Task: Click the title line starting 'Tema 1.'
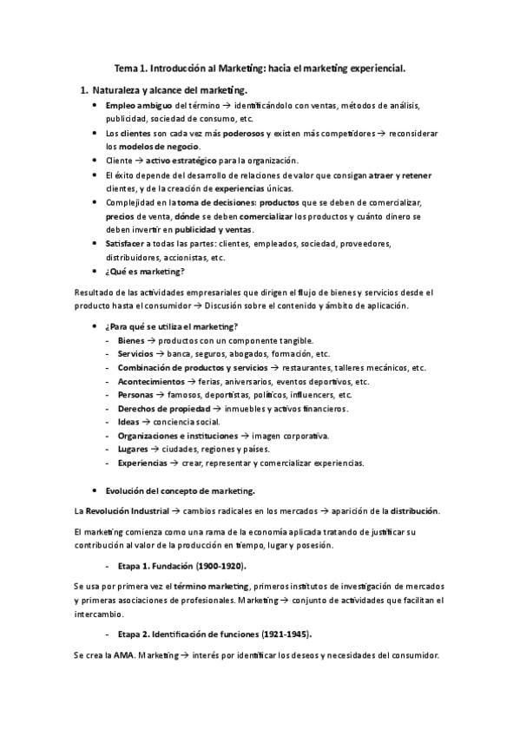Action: point(260,66)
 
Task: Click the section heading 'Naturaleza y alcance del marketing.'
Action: point(169,90)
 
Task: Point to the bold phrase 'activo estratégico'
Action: point(180,161)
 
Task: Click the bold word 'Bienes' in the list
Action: point(131,340)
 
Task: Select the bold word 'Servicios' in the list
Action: point(135,354)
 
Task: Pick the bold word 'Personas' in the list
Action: point(135,395)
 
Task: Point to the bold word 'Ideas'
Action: point(128,422)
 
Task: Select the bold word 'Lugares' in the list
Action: point(133,449)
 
